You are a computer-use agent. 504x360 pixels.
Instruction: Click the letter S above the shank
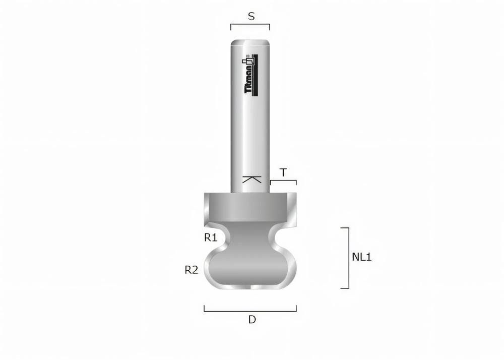coord(251,16)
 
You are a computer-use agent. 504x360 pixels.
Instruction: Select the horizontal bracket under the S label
coord(250,24)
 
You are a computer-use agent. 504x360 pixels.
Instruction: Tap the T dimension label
coord(283,172)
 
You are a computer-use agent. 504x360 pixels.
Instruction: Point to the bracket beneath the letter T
coord(283,181)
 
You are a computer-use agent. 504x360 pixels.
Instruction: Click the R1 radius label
coord(211,237)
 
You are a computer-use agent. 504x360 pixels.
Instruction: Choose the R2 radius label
coord(191,270)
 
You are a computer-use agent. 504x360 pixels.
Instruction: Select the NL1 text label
coord(361,257)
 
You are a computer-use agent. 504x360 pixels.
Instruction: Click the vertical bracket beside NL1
coord(348,258)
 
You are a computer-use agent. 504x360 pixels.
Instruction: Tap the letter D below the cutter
coord(251,319)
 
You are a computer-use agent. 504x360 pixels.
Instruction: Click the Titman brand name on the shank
coord(248,81)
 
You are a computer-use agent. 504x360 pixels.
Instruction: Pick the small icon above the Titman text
coord(248,59)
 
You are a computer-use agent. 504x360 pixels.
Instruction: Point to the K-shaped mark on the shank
coord(251,179)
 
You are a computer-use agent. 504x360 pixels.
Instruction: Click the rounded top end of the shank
coord(250,43)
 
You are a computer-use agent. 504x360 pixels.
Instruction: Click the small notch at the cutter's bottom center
coord(250,287)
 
